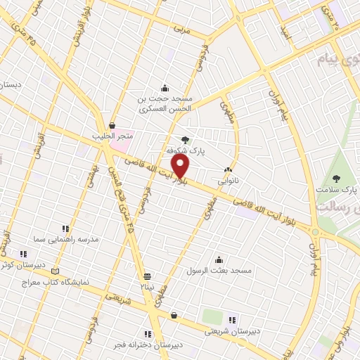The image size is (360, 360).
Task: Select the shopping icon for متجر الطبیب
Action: point(112,125)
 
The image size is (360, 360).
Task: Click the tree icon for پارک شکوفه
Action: point(185,140)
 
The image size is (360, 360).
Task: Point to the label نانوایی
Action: point(228,181)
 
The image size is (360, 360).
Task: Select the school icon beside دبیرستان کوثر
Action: point(23,253)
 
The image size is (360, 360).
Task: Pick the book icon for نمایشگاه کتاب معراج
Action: point(56,271)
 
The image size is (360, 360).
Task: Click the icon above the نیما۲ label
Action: point(147,276)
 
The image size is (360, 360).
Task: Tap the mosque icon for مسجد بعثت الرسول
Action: point(219,259)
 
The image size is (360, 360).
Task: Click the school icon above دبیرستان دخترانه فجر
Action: point(148,334)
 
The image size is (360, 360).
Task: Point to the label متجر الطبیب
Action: point(108,136)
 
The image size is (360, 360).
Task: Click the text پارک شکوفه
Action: point(184,151)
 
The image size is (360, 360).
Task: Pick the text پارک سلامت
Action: point(337,190)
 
